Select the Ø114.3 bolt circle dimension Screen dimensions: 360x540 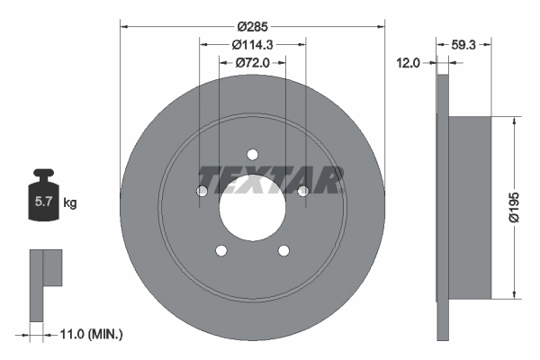(253, 45)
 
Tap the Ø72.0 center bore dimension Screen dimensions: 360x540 (253, 63)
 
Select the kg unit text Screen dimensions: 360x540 (71, 203)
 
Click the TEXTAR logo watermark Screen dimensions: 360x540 (269, 180)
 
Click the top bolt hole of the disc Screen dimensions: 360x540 (253, 154)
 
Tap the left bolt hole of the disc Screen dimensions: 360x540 (202, 191)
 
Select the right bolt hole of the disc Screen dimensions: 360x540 (303, 191)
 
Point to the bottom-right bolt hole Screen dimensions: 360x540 (284, 251)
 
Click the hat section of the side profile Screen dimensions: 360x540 (470, 206)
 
